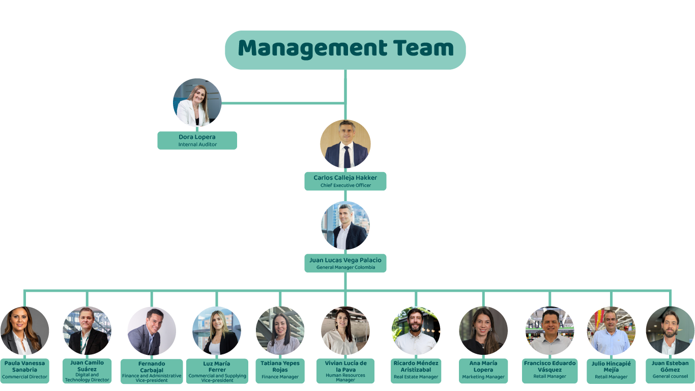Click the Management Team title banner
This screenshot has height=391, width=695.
coord(345,50)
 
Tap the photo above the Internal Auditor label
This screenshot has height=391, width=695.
coord(197,102)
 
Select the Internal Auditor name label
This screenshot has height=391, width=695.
coord(197,141)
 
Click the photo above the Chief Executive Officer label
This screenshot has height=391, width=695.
coord(345,144)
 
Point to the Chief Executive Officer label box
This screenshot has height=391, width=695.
coord(345,181)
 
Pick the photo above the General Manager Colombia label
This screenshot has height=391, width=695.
coord(345,226)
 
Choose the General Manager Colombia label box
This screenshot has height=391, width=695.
coord(345,263)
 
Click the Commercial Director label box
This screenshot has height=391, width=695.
coord(24,371)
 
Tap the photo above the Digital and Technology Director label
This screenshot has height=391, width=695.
coord(87,331)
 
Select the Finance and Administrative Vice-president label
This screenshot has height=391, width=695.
coord(152,372)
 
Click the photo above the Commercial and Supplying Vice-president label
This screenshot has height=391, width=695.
coord(217,331)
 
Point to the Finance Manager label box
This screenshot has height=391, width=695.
coord(280,371)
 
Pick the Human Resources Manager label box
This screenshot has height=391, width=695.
coord(345,371)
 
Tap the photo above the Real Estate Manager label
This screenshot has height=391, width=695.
coord(416,331)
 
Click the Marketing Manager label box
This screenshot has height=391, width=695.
coord(483,371)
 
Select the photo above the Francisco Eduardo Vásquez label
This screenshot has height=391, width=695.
coord(550,331)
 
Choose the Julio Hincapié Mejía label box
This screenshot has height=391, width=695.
coord(611,371)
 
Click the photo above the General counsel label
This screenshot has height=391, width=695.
coord(670,331)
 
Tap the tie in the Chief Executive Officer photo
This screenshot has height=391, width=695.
coord(347,157)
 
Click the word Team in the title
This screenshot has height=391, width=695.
coord(423,48)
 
